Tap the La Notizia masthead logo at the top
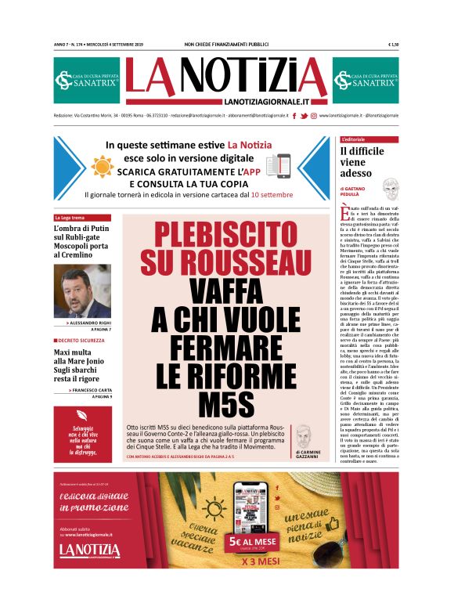tap(226, 79)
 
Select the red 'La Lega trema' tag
tap(70, 218)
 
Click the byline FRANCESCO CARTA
tap(92, 389)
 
